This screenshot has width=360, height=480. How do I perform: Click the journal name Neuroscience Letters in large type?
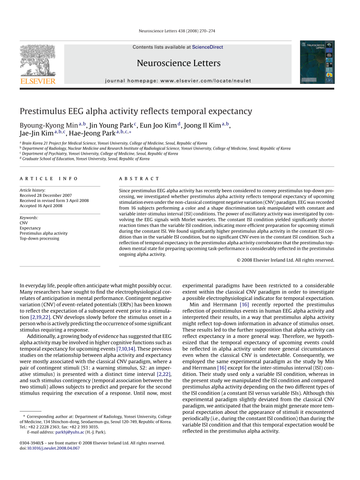(x=178, y=63)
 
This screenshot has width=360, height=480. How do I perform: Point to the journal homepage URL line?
(x=178, y=81)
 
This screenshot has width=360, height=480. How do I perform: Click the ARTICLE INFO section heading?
(x=48, y=179)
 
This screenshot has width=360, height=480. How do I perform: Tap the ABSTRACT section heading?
(x=139, y=179)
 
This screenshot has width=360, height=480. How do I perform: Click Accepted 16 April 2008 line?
(x=41, y=206)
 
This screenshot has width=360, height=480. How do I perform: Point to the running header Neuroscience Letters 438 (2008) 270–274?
(x=180, y=31)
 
